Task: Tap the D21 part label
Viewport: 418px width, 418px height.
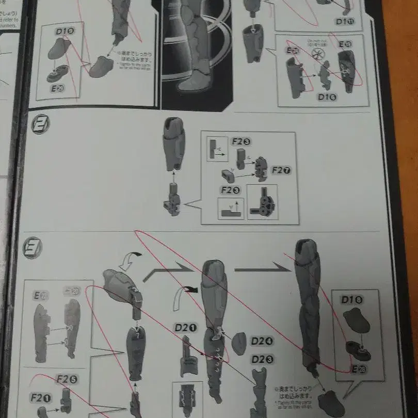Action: (185, 327)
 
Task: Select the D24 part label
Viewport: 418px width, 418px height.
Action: (262, 341)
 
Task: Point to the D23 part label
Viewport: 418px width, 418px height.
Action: (262, 359)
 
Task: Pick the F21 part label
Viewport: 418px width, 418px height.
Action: (39, 398)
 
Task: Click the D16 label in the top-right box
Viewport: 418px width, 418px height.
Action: (328, 97)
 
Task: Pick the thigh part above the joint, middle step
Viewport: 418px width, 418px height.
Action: (173, 144)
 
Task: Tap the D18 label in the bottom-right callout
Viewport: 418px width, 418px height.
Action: (351, 299)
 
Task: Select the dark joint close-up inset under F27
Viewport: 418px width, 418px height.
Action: (262, 202)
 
